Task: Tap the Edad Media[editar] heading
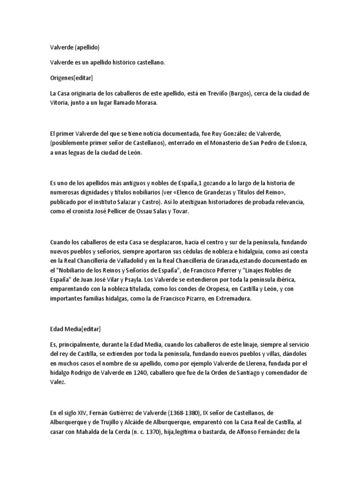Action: click(x=75, y=329)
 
